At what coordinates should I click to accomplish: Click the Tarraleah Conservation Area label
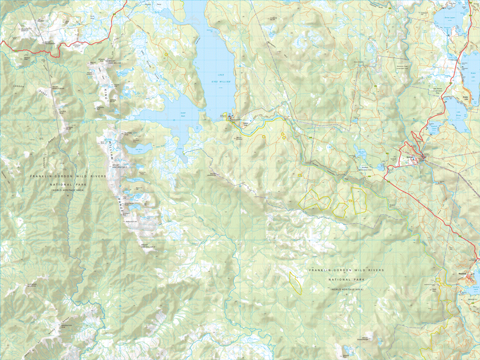[x=372, y=168]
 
